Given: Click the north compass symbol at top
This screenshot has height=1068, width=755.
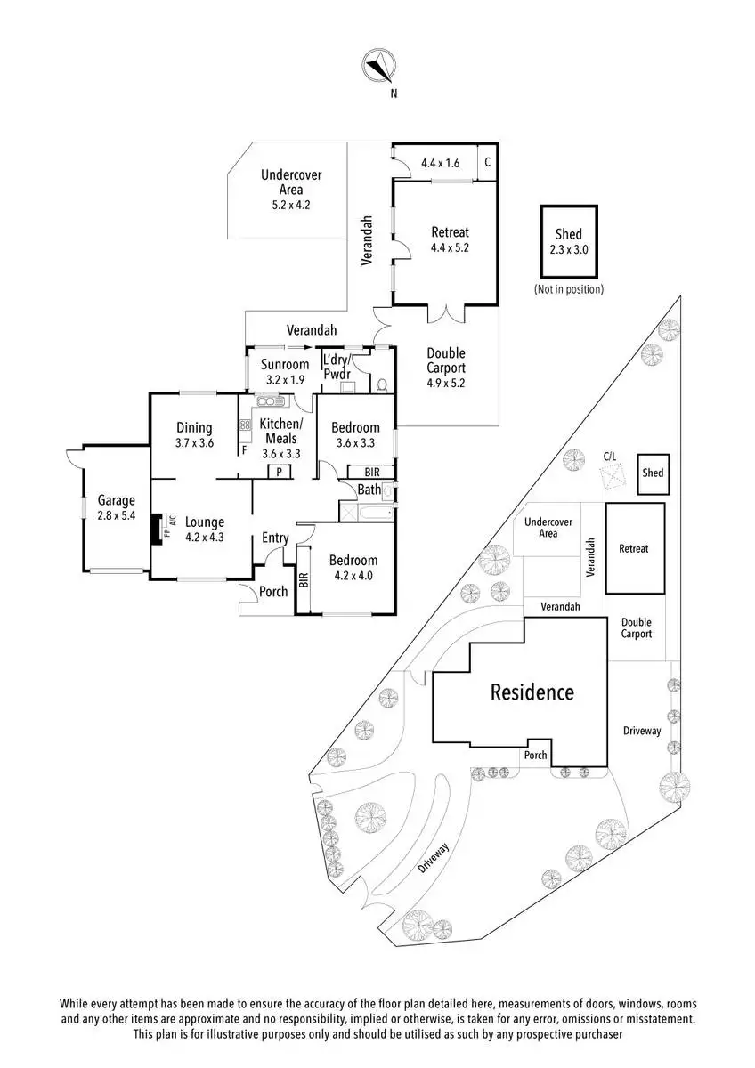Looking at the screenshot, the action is click(379, 66).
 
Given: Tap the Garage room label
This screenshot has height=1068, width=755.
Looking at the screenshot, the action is click(117, 500).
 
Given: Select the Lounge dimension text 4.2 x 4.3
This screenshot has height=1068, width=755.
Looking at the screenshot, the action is click(205, 537).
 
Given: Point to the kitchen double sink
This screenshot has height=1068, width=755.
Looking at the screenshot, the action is click(271, 401).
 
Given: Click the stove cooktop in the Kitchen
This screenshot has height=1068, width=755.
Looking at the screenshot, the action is click(245, 425).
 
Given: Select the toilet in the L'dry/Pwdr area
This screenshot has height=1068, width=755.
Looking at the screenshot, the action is click(382, 384).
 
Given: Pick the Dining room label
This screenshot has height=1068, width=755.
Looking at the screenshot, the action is click(194, 427).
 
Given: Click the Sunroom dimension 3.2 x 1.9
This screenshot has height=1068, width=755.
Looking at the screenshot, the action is click(285, 380).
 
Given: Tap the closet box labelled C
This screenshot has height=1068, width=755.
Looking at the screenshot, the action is click(487, 162).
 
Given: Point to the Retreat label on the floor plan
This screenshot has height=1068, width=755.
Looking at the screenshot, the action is click(450, 232).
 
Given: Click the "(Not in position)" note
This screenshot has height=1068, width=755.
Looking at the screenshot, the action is click(569, 289).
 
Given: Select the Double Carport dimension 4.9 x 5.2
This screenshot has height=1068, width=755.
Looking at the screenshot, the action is click(445, 383).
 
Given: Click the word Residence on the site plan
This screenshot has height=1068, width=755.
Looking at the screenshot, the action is click(532, 692).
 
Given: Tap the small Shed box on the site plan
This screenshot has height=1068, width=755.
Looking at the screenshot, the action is click(654, 473).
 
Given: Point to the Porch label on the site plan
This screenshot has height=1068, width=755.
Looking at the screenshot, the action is click(535, 755).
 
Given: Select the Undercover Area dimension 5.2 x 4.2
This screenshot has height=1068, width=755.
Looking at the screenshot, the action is click(291, 206).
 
